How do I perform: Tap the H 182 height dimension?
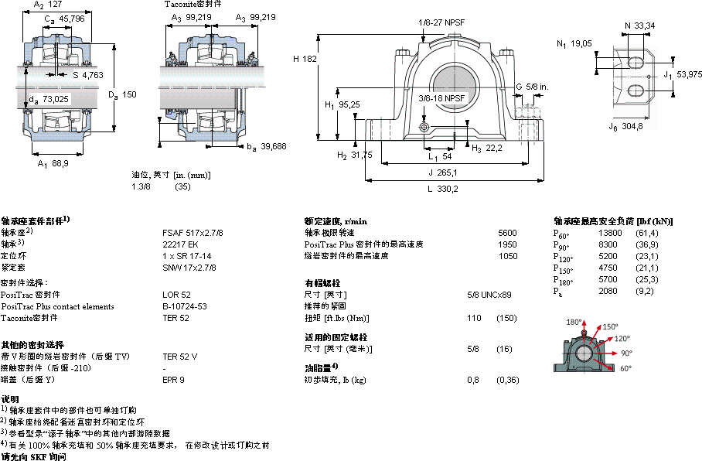(305, 59)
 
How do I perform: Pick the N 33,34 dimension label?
(639, 26)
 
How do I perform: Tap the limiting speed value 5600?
(507, 232)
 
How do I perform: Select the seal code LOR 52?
(176, 295)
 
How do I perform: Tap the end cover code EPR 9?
(173, 380)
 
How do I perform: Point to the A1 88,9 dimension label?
(53, 163)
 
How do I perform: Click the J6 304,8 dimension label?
(626, 125)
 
